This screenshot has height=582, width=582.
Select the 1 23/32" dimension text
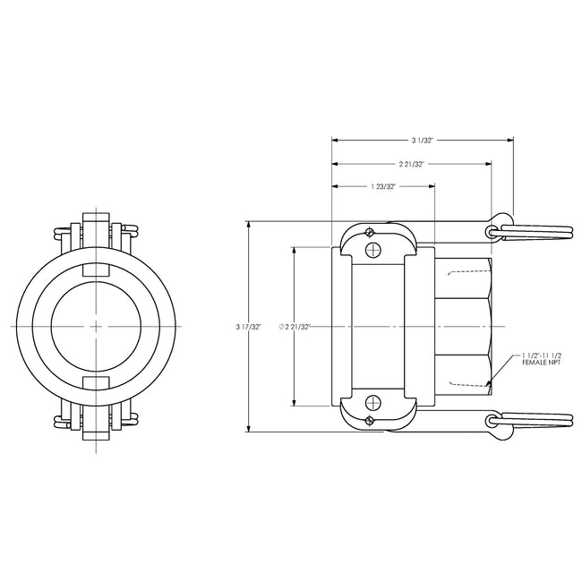click(382, 186)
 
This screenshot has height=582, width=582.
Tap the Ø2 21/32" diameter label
click(295, 327)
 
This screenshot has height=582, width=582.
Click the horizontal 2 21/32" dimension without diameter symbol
click(411, 164)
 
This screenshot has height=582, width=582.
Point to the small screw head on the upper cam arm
click(368, 235)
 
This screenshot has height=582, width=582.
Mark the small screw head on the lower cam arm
click(368, 416)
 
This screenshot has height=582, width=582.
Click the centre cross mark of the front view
click(97, 326)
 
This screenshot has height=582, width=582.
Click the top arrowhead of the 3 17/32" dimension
click(250, 224)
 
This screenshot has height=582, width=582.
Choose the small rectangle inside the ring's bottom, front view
click(97, 384)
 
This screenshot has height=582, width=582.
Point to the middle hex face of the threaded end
click(463, 327)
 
